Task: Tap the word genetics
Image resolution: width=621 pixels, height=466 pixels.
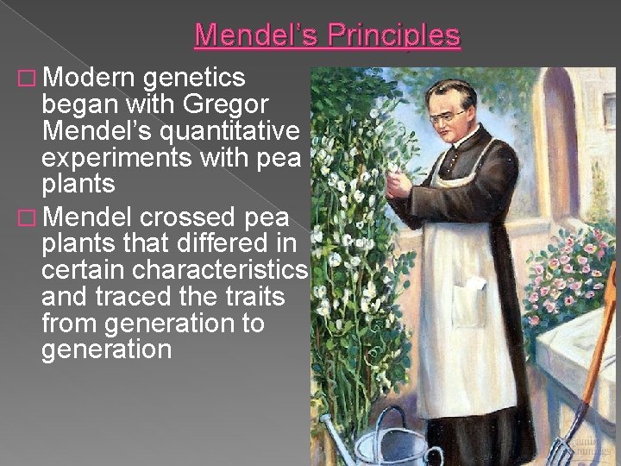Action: [x=195, y=79]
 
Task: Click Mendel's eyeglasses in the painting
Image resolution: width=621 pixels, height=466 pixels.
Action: [x=450, y=114]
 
